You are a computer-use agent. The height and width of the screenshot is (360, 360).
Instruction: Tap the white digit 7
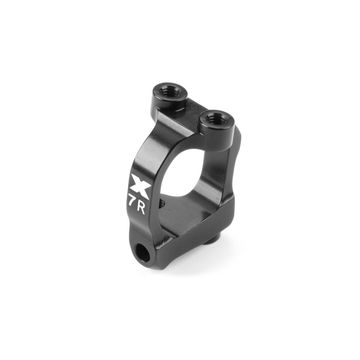pos(132,201)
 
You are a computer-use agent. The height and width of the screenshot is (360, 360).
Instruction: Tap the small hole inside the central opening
pos(162,202)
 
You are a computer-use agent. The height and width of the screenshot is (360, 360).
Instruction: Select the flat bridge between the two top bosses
pos(188,117)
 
